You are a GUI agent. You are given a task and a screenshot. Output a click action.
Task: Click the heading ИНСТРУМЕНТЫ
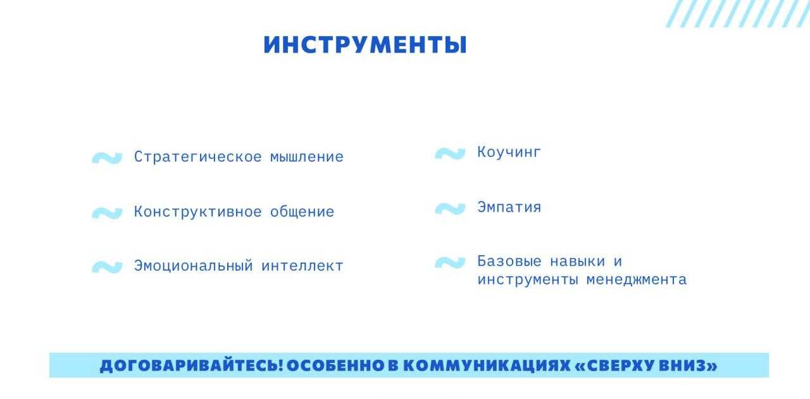click(x=365, y=45)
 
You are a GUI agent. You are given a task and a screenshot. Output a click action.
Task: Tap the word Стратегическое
click(x=198, y=157)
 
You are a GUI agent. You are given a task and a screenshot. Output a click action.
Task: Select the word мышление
click(x=307, y=157)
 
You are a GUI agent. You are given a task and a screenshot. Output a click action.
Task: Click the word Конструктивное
click(x=198, y=212)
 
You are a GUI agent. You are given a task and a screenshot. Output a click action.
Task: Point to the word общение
click(x=302, y=212)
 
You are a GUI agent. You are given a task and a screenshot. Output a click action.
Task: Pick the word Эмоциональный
click(x=194, y=266)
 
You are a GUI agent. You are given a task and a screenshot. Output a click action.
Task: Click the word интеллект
click(x=302, y=266)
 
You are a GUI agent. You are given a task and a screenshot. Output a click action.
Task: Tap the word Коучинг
click(x=509, y=153)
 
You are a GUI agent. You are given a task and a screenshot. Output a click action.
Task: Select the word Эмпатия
click(x=509, y=208)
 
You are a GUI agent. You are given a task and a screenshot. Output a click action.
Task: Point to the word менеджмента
click(x=636, y=280)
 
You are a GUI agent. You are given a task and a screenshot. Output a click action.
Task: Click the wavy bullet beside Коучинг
click(x=450, y=153)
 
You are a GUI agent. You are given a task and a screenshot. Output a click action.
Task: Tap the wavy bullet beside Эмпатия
click(x=450, y=209)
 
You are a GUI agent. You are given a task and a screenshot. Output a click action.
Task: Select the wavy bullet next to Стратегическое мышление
click(x=107, y=158)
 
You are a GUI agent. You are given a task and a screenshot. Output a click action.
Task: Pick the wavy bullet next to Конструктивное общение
click(x=107, y=213)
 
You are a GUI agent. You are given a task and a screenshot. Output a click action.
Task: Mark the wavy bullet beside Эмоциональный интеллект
click(x=107, y=267)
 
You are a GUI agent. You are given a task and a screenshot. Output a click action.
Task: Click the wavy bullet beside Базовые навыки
click(x=450, y=262)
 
